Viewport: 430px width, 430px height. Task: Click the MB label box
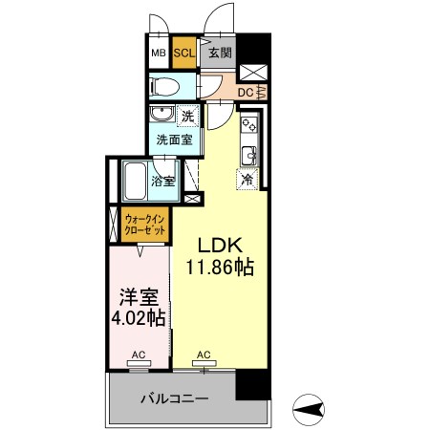coord(159,54)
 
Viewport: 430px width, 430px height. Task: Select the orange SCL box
coord(183,54)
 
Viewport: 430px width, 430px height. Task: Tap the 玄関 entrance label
coord(219,54)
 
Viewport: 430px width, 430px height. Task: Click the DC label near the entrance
coord(245,93)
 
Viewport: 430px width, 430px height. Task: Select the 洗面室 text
coord(175,139)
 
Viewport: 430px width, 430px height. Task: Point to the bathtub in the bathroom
coord(135,178)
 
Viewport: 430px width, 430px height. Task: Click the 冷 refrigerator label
coord(248,179)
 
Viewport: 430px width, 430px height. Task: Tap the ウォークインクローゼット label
coord(141,225)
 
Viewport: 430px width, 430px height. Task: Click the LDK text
coord(219,245)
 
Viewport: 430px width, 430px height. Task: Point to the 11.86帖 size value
coord(220,268)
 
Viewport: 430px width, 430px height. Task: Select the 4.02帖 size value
coord(137,315)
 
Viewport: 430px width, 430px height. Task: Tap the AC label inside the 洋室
coord(139,355)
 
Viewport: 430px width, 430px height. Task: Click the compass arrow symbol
coord(311,409)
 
